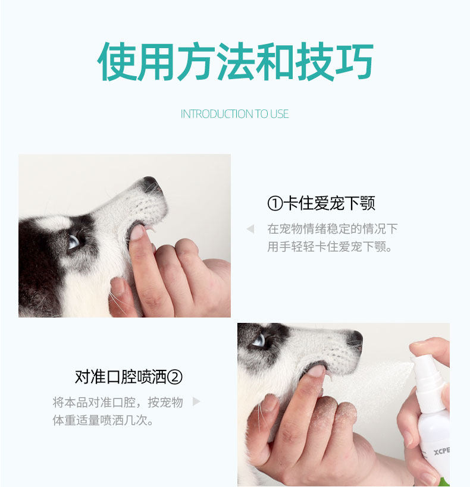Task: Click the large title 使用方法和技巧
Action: tap(236, 61)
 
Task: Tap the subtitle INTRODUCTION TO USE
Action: tap(234, 114)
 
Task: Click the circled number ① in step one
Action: tap(275, 203)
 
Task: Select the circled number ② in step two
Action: tap(175, 377)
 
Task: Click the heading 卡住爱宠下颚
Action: tap(329, 203)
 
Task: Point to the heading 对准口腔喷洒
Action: tap(121, 377)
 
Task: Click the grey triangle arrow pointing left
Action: tap(250, 229)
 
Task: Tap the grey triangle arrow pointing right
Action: tap(196, 401)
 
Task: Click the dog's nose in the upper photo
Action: tap(151, 184)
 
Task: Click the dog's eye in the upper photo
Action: tap(74, 241)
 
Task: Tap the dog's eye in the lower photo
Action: tap(259, 341)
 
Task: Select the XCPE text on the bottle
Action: tap(441, 451)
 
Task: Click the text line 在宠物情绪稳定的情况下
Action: tap(333, 229)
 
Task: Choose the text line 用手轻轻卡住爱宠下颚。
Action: tap(330, 247)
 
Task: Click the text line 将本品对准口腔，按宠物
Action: tap(118, 402)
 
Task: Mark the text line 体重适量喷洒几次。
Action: tap(103, 420)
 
